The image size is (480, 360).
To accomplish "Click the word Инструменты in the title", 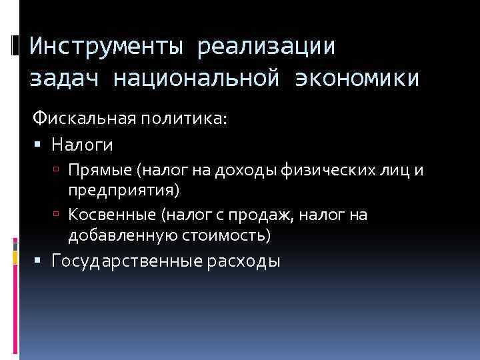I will (x=104, y=47).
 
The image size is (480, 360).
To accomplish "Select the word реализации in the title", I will (x=265, y=47).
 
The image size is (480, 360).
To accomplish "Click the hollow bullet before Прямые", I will (x=59, y=171).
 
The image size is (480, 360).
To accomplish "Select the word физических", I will (x=321, y=171).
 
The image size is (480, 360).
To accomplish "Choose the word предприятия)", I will (x=123, y=191).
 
